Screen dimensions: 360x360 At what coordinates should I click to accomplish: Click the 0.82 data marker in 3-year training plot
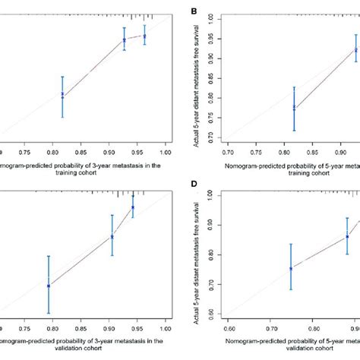(x=63, y=95)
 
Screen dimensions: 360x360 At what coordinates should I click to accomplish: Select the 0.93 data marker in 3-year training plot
(x=125, y=40)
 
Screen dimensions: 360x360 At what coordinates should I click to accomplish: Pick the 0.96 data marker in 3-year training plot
(x=144, y=36)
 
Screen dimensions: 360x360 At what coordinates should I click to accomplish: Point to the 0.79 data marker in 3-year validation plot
(x=49, y=286)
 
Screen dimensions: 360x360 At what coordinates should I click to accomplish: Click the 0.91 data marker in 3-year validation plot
(x=112, y=236)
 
